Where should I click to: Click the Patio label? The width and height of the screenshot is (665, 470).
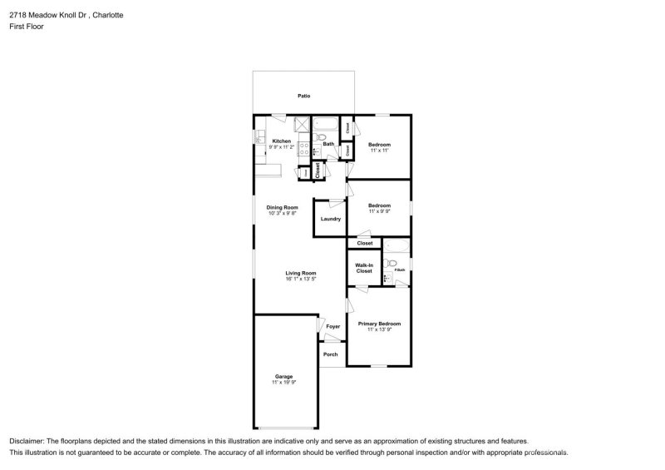pos(304,96)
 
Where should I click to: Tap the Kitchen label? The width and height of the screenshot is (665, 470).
pos(282,141)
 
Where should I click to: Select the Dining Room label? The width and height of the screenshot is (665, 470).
pos(282,207)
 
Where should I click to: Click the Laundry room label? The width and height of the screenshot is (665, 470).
pos(331,219)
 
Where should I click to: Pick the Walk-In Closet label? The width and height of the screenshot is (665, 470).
pos(364,269)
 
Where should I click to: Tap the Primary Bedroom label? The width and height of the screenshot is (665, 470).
pos(379,324)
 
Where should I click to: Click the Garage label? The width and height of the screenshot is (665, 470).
pos(283,377)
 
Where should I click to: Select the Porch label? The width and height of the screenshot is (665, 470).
pos(331,354)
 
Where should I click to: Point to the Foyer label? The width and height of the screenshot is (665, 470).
pos(333,327)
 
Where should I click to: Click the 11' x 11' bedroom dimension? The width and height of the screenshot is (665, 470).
pos(379,150)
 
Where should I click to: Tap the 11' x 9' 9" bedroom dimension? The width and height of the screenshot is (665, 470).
pos(379,211)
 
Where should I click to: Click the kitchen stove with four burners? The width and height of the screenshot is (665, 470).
pos(303,149)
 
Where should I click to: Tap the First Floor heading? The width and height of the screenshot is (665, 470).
pos(27,27)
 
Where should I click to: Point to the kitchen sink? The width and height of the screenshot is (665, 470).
pos(259,136)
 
